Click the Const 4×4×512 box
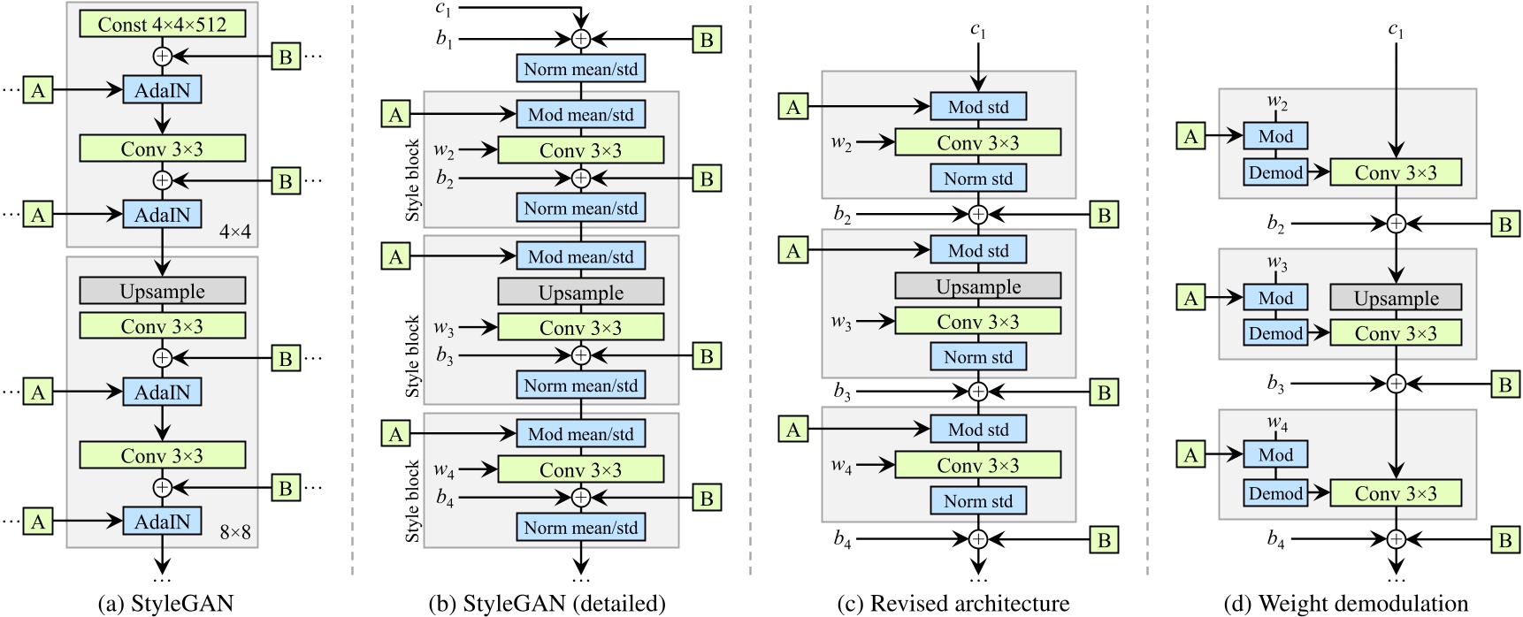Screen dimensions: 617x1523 162,24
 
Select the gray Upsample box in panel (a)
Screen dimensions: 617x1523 162,291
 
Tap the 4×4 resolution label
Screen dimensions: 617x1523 234,232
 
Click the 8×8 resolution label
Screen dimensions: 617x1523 234,532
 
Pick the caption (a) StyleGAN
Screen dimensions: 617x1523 165,604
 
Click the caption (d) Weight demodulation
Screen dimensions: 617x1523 1345,604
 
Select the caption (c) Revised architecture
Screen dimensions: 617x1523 953,604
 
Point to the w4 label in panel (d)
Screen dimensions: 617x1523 1276,424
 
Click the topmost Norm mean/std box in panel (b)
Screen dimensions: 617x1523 580,68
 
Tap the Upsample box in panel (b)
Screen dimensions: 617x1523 580,293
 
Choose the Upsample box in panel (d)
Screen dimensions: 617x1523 1396,298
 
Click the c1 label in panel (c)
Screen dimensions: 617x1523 977,30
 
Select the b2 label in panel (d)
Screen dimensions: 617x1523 1274,225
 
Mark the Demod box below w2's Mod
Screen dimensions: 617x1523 1275,172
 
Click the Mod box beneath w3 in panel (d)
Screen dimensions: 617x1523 1275,298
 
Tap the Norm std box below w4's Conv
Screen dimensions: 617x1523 977,501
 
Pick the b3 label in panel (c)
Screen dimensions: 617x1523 841,392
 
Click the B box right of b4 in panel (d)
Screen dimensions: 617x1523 1504,540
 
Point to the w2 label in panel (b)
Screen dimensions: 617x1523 444,149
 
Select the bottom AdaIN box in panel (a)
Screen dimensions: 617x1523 162,522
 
